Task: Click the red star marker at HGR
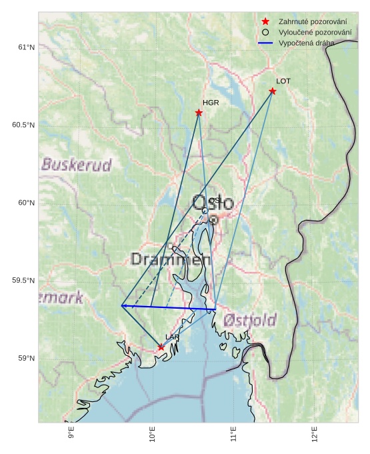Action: pos(199,113)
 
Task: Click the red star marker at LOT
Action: pos(273,91)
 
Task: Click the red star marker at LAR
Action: pos(161,347)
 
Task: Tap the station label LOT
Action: pos(283,81)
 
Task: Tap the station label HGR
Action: pos(211,103)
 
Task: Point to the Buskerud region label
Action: pos(76,165)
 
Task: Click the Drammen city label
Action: pos(166,259)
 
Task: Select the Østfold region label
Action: pos(249,320)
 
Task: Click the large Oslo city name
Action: pos(213,203)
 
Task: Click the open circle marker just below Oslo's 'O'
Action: pos(205,211)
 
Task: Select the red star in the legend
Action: pos(265,22)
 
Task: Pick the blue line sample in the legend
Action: pos(265,43)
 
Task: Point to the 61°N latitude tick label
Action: pos(26,47)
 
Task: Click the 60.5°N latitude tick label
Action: pos(23,125)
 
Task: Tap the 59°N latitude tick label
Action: pos(26,359)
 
